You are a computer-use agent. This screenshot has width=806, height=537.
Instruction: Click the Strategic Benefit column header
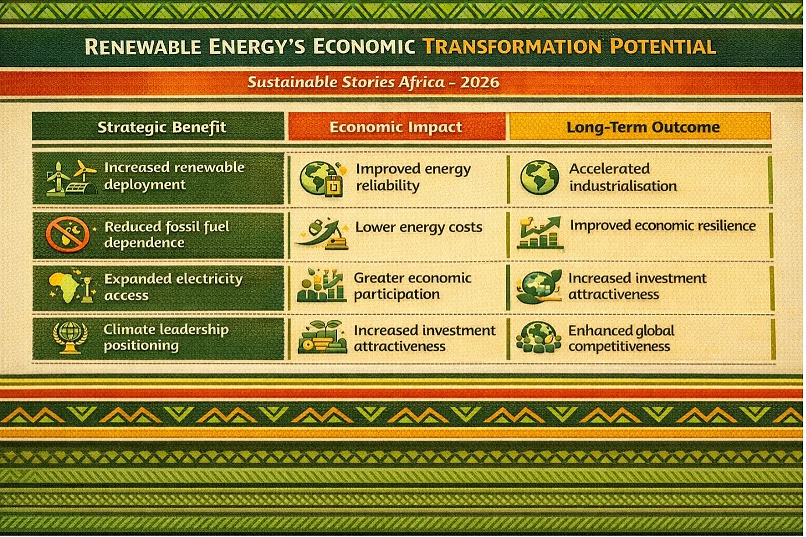coord(162,127)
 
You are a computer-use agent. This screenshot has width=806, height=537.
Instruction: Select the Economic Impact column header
coord(396,127)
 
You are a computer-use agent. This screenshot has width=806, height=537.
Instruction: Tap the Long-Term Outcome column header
coord(643,127)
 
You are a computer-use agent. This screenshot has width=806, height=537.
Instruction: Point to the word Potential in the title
coord(663,47)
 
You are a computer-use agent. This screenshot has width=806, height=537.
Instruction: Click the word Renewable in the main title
coord(143,47)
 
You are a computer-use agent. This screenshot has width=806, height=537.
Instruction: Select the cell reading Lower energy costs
coord(419,227)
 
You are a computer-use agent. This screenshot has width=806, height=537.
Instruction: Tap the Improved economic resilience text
coord(663,225)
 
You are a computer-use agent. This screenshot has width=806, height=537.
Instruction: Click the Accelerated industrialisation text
coord(623,177)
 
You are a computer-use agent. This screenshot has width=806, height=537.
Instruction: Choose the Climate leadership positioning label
coord(166,337)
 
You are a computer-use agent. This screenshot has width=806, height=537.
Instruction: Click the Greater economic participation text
coord(412,286)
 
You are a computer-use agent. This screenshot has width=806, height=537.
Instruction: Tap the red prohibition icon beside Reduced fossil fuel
coord(68,234)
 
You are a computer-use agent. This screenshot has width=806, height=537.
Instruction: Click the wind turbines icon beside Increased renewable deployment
coord(71,178)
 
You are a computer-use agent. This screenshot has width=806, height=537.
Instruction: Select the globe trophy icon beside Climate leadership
coord(70,338)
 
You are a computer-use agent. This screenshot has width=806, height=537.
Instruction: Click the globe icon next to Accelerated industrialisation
coord(539,178)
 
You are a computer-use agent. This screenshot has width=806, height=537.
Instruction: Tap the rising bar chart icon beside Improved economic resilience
coord(540,233)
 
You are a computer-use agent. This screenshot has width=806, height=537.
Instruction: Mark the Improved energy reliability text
coord(413,177)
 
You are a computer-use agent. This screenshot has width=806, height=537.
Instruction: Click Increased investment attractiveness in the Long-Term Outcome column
coord(637,286)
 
